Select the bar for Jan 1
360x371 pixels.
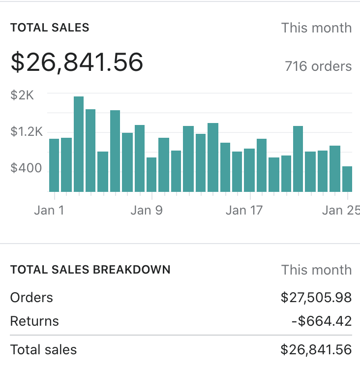point(54,165)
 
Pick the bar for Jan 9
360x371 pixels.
point(151,174)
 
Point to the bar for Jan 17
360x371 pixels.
point(249,170)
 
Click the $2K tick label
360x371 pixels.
point(22,95)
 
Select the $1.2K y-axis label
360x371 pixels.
point(27,132)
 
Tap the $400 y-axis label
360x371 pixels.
point(26,169)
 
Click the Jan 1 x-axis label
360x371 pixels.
point(49,210)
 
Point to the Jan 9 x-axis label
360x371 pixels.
point(147,210)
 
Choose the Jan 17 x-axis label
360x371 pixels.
point(244,210)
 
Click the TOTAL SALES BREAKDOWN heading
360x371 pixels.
point(90,270)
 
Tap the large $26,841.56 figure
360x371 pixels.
point(77,62)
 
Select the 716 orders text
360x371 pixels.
point(318,66)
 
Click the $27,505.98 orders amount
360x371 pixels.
point(316,297)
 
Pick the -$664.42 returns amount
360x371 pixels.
point(321,321)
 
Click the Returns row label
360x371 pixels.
point(34,321)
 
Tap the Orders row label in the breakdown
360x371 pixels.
point(31,297)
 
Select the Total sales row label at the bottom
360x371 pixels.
point(43,350)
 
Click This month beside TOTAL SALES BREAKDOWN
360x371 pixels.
point(316,270)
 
